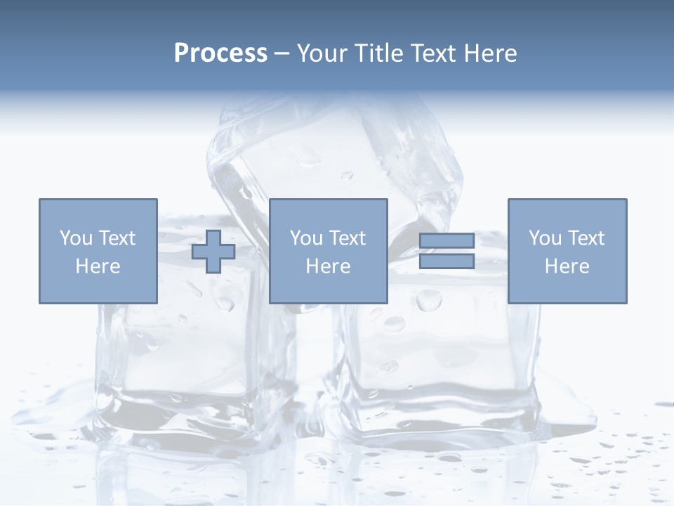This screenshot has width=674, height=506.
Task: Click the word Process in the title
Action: (x=220, y=53)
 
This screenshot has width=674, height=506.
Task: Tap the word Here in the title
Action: (x=489, y=53)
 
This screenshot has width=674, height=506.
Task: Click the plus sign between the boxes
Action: (x=213, y=252)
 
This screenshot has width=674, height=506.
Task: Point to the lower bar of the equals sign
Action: (x=447, y=261)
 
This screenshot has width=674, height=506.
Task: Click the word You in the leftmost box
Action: (x=76, y=238)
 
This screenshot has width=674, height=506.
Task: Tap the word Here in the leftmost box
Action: (x=98, y=266)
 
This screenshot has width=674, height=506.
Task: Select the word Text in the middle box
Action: (x=348, y=238)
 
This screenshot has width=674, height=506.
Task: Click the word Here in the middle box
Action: (x=328, y=266)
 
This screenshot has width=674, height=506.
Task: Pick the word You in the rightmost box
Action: (x=545, y=238)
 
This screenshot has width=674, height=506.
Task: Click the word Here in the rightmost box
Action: (x=567, y=266)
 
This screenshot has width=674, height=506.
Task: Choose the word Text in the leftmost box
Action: (x=117, y=238)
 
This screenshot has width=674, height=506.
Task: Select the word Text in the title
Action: (x=432, y=53)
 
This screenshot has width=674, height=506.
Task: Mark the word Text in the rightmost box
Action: (x=586, y=238)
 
